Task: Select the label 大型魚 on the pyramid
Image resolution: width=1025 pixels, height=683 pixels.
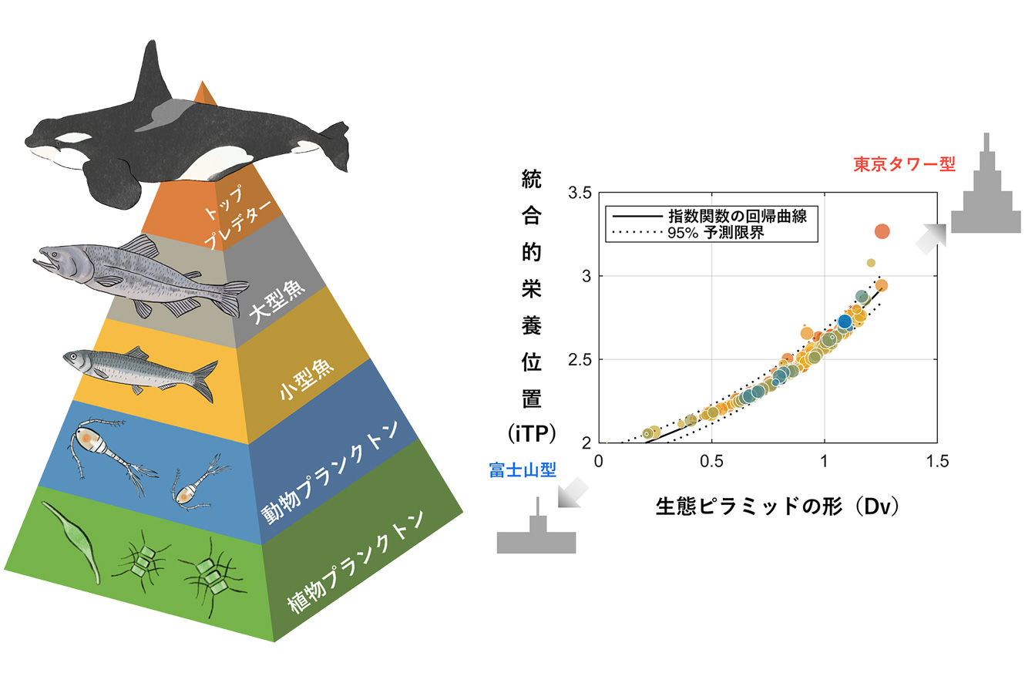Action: click(x=277, y=302)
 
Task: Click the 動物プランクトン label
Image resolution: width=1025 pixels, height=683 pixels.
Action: click(x=330, y=472)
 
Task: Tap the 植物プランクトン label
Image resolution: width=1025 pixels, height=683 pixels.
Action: click(x=355, y=561)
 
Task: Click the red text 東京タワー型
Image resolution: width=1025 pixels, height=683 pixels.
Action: click(x=904, y=164)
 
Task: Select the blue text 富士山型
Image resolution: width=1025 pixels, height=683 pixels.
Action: click(x=523, y=470)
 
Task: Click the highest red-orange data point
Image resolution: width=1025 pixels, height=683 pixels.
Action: click(x=882, y=231)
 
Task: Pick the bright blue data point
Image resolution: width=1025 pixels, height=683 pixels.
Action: click(x=845, y=321)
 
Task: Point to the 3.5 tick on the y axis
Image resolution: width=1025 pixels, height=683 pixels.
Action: click(x=580, y=193)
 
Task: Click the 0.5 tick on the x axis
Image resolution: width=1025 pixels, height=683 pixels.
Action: click(x=711, y=462)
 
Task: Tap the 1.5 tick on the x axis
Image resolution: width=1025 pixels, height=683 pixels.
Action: click(x=937, y=462)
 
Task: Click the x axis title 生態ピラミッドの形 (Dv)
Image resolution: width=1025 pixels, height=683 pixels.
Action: click(x=778, y=506)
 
